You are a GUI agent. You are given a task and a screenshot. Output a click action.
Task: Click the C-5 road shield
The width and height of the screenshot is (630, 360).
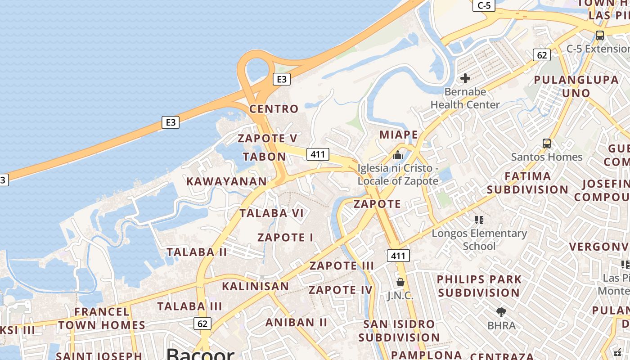click(x=484, y=5)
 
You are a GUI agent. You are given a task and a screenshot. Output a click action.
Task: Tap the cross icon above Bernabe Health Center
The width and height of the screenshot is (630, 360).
click(x=465, y=79)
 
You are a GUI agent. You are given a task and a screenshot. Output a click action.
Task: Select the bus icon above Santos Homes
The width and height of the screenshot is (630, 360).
click(x=547, y=144)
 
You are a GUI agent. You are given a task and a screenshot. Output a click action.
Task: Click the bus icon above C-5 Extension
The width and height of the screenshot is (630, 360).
click(x=599, y=35)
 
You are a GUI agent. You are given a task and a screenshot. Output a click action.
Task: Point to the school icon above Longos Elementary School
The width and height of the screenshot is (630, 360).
click(x=479, y=220)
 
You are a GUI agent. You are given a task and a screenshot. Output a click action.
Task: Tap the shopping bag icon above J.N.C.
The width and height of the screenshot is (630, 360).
click(x=400, y=282)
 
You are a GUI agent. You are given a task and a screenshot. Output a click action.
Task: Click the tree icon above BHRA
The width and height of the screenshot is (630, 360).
click(x=501, y=312)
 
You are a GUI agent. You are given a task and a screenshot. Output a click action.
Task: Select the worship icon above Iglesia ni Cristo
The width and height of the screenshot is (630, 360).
click(x=398, y=155)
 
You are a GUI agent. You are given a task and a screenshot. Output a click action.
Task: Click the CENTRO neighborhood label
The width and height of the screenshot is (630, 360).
click(x=274, y=109)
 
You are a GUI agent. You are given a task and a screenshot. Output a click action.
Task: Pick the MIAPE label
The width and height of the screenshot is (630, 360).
click(x=399, y=135)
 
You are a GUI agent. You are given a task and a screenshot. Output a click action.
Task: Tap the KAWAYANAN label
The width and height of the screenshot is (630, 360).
click(x=227, y=181)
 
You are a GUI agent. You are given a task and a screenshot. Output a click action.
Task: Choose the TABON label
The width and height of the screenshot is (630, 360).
click(x=265, y=157)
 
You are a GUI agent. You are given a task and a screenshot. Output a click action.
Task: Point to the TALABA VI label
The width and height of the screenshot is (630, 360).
click(x=272, y=213)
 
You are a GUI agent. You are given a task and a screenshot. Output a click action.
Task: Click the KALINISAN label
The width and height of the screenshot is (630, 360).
click(x=256, y=286)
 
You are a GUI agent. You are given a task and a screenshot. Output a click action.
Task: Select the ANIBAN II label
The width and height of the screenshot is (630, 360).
click(x=297, y=322)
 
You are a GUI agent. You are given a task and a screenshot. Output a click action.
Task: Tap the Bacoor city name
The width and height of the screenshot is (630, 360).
click(x=201, y=355)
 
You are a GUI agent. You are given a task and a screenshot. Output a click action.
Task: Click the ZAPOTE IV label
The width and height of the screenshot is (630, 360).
click(x=341, y=290)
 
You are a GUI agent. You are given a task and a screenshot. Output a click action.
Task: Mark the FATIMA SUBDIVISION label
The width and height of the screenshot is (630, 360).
click(x=528, y=183)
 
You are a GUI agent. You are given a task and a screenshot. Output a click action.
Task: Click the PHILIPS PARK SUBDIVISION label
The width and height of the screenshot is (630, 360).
click(x=479, y=286)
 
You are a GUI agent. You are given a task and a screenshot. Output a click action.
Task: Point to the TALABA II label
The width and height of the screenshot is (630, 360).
click(x=197, y=252)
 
